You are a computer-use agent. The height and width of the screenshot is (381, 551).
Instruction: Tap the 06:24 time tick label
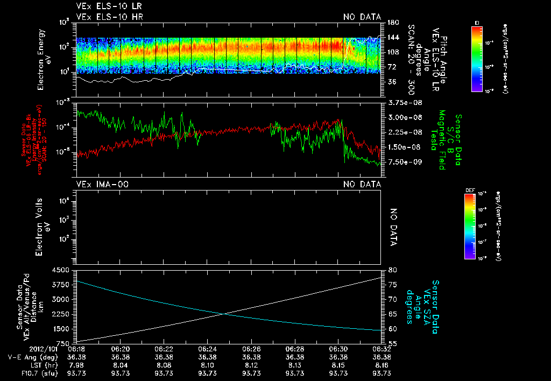pos(207,349)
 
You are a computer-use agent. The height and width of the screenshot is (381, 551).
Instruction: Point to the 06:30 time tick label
pos(338,349)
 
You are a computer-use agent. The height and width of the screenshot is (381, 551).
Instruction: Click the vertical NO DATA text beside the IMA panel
pos(393,227)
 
